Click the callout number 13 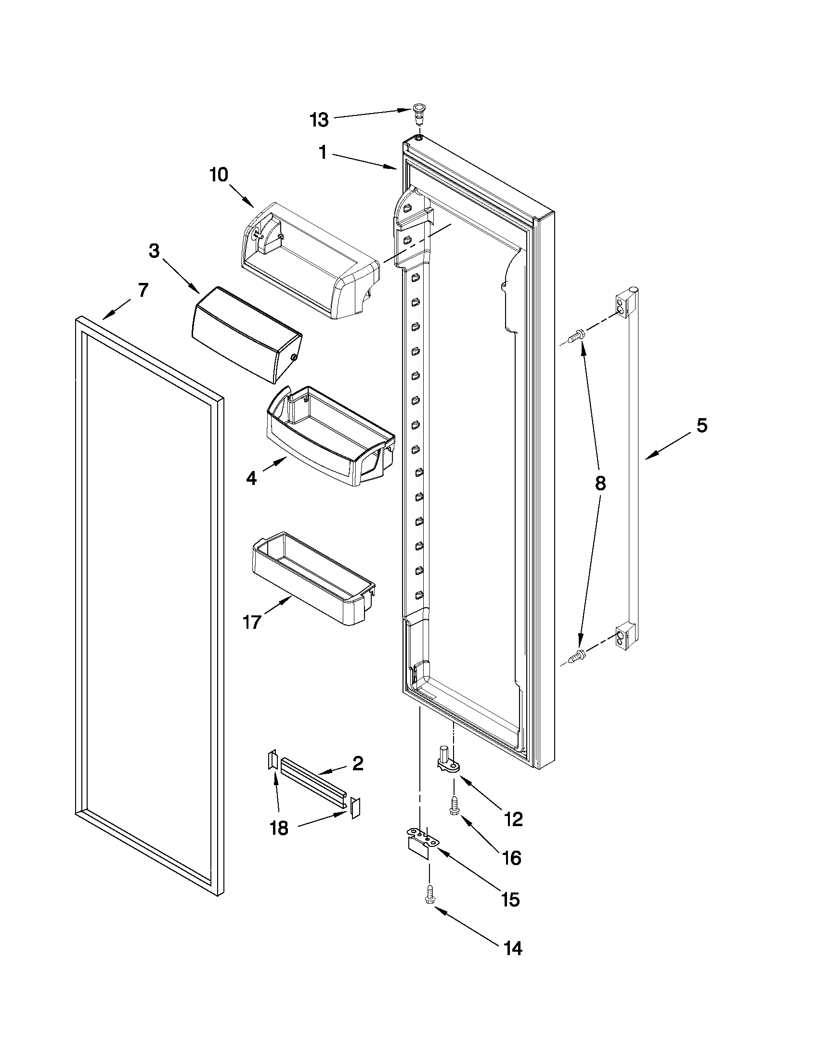coord(320,119)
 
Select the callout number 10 coord(219,175)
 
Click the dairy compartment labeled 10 coord(311,261)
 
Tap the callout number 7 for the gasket coord(143,290)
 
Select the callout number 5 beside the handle coord(702,426)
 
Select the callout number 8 coord(600,483)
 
